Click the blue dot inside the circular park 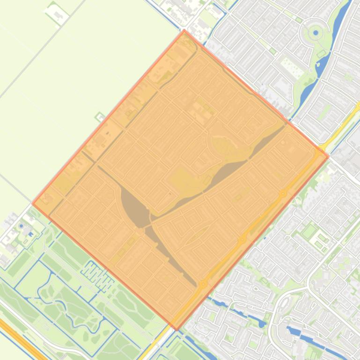click(x=316, y=33)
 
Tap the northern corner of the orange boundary click(x=184, y=31)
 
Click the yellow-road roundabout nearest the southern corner click(x=203, y=283)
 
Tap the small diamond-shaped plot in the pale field click(x=100, y=116)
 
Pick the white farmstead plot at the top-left click(x=57, y=14)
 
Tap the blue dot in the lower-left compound click(x=22, y=226)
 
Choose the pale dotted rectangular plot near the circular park click(x=293, y=68)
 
